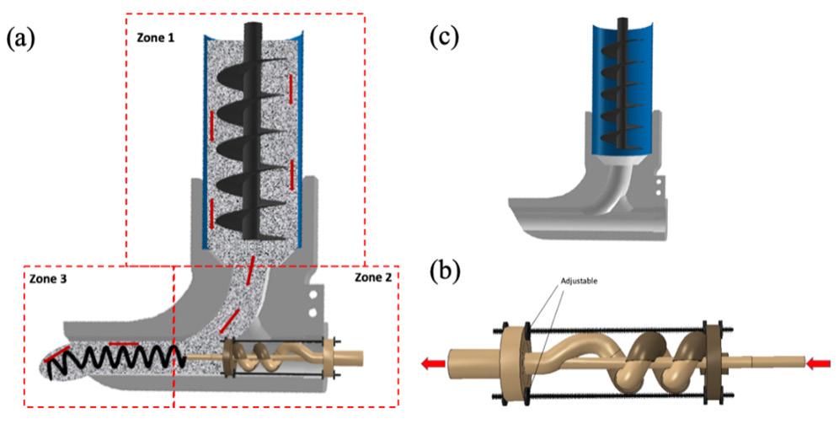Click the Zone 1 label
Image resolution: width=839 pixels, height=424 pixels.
(154, 39)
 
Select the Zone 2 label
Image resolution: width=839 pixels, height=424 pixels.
(373, 277)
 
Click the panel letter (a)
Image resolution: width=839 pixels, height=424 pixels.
(20, 40)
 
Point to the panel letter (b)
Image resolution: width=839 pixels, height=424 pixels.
(445, 271)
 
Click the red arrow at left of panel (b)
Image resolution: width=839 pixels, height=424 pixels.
(434, 364)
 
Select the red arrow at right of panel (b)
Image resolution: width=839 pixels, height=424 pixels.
(819, 364)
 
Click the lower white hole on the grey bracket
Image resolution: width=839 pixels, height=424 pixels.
(313, 312)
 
